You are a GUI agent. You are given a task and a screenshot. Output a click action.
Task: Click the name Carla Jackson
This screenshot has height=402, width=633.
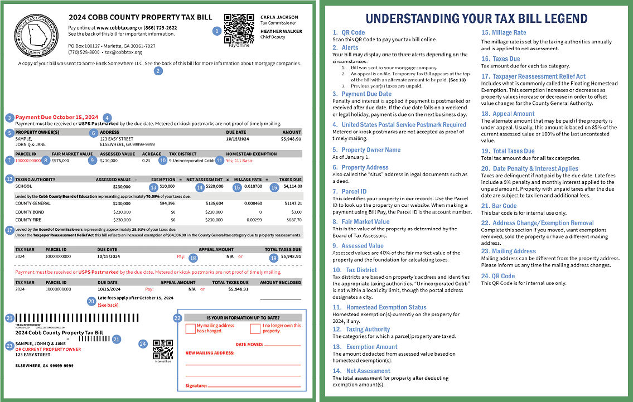pyautogui.click(x=279, y=17)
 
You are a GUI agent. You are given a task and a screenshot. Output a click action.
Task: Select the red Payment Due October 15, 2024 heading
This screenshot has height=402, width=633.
pyautogui.click(x=56, y=117)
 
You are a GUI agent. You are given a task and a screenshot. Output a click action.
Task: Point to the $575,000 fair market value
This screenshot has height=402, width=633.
pyautogui.click(x=60, y=161)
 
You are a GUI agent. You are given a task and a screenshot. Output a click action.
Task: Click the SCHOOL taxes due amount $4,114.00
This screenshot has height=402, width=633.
pyautogui.click(x=292, y=186)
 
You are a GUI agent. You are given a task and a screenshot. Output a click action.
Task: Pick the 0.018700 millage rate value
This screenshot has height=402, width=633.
pyautogui.click(x=253, y=186)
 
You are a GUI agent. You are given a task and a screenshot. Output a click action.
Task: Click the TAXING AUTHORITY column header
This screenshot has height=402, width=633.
pyautogui.click(x=35, y=180)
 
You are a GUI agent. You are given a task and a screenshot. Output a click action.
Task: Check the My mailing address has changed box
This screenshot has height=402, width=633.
pyautogui.click(x=190, y=328)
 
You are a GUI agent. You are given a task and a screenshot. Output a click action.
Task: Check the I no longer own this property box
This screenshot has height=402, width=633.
pyautogui.click(x=255, y=328)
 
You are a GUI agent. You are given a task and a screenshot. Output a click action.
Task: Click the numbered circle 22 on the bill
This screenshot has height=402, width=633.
pyautogui.click(x=177, y=318)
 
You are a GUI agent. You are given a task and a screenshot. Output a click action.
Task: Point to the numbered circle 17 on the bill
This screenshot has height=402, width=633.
pyautogui.click(x=9, y=230)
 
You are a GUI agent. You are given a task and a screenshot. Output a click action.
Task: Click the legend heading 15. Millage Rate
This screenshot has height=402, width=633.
pyautogui.click(x=504, y=33)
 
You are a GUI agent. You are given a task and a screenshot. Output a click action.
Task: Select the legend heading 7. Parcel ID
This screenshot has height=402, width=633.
pyautogui.click(x=350, y=192)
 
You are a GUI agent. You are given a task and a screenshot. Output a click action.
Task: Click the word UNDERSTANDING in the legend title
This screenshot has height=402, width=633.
pyautogui.click(x=412, y=18)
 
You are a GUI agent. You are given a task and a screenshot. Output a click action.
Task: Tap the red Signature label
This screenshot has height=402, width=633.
pyautogui.click(x=196, y=385)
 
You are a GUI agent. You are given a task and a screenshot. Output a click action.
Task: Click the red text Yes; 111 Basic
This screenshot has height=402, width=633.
pyautogui.click(x=240, y=161)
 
